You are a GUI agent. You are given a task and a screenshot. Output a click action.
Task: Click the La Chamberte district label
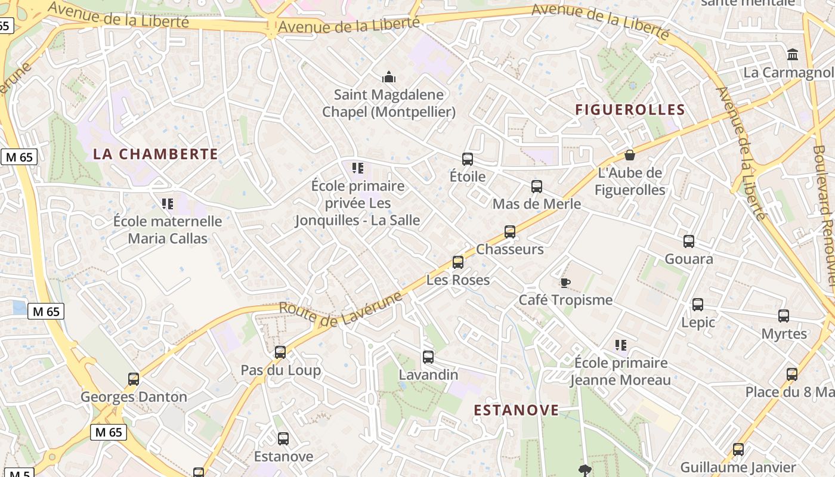(156, 154)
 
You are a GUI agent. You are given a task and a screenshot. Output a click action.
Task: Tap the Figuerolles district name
(630, 110)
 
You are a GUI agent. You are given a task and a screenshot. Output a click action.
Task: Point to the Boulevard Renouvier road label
(825, 215)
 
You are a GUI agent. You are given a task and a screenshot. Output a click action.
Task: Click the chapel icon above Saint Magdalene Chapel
(389, 77)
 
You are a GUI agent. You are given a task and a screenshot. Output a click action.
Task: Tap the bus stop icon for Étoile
(468, 159)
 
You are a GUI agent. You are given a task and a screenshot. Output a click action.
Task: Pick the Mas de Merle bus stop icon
(537, 187)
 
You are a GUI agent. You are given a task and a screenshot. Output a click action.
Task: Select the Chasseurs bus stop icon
(510, 232)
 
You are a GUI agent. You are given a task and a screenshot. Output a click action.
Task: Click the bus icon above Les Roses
(458, 262)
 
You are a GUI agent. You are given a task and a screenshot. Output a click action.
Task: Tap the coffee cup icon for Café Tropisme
(565, 282)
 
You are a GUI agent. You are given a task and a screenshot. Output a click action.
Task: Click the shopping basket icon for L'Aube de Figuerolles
(629, 156)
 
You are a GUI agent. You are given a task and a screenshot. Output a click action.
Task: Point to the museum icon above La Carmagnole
(793, 55)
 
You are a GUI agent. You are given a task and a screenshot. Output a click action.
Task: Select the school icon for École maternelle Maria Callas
(168, 204)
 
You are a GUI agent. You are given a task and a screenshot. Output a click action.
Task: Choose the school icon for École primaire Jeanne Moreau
(621, 345)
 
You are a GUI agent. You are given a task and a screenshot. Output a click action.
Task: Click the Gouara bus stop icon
(689, 241)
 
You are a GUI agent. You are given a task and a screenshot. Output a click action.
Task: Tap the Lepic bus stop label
(698, 322)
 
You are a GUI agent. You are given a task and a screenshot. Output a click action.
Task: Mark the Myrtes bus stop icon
(784, 316)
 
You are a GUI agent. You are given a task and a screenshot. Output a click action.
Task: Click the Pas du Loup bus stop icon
(280, 352)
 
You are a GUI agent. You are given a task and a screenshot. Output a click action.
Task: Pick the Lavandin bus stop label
(428, 374)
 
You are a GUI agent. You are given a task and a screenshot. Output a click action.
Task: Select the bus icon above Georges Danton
(134, 379)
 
